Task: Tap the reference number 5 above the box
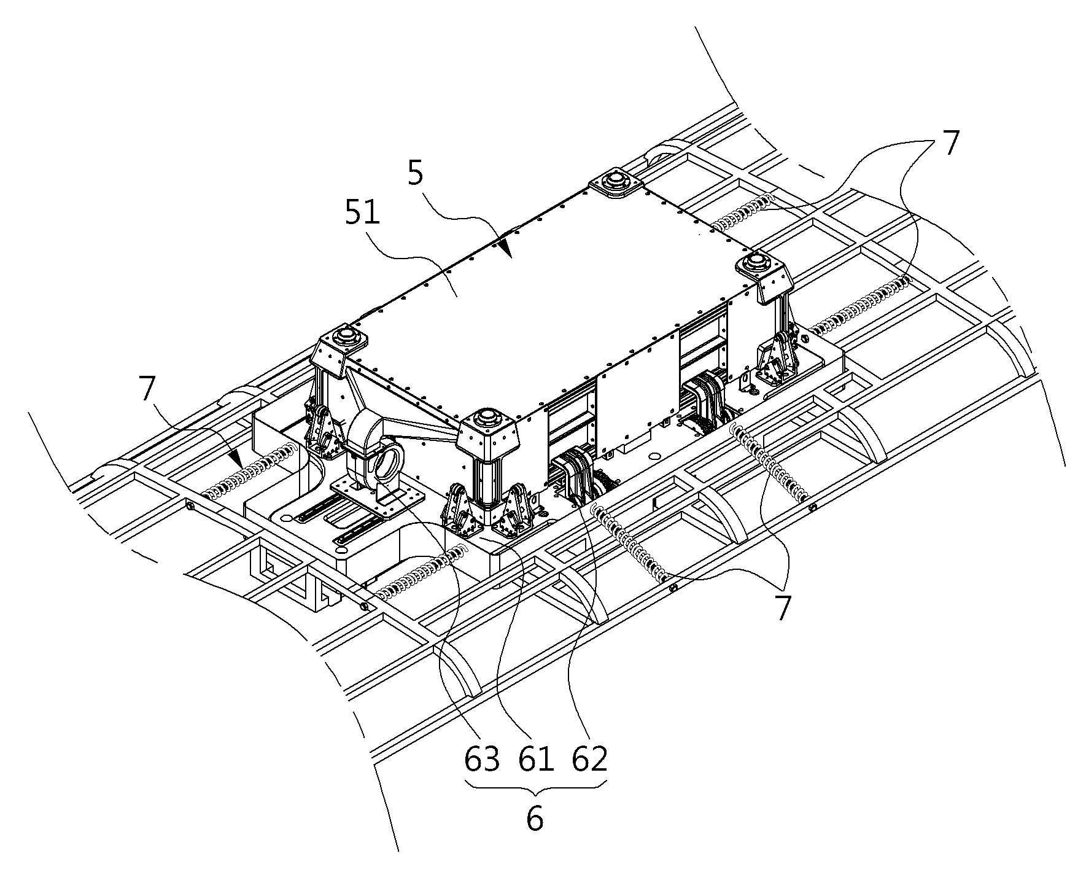416,174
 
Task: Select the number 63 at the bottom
481,760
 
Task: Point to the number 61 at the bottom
535,760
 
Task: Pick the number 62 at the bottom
589,760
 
